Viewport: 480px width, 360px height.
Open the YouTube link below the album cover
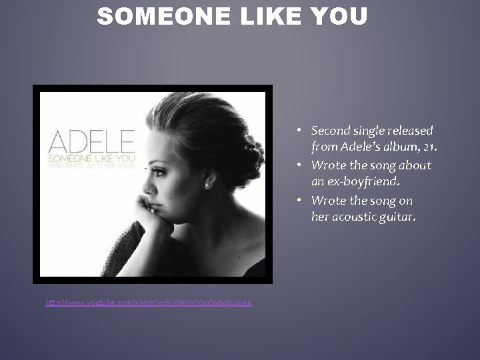tap(149, 303)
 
